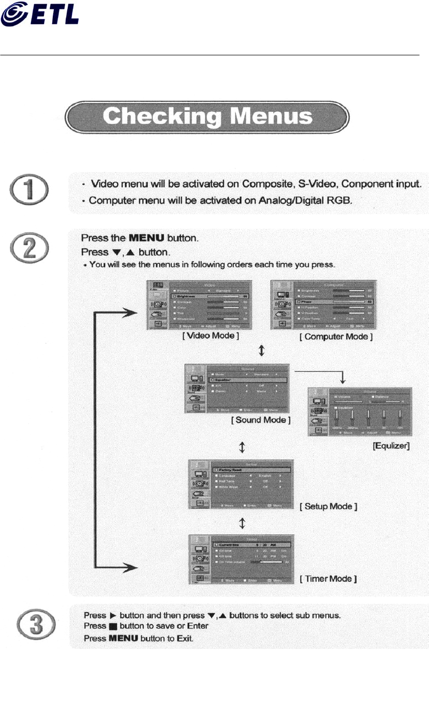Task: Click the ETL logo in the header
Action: tap(40, 14)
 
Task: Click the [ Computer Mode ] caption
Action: tap(336, 337)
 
